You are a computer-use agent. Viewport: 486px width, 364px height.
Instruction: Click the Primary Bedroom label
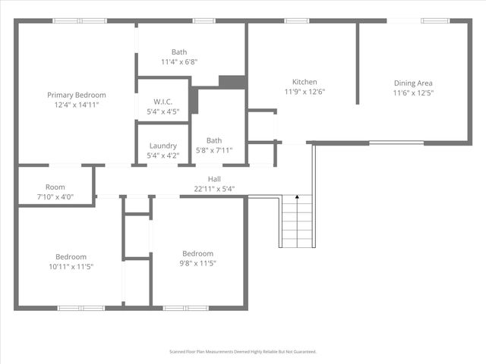76,95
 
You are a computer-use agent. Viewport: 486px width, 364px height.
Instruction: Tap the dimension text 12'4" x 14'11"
76,105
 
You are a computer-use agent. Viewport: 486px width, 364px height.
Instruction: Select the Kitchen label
305,82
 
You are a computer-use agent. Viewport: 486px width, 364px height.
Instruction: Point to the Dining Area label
413,83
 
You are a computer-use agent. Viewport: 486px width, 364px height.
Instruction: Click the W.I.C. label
163,102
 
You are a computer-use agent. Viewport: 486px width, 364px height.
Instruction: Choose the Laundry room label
163,146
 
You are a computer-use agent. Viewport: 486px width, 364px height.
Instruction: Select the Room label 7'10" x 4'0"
55,187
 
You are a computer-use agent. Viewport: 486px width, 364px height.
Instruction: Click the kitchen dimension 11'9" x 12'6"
305,93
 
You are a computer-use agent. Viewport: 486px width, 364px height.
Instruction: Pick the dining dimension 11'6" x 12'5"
413,93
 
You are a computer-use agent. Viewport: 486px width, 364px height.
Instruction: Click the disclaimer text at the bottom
242,352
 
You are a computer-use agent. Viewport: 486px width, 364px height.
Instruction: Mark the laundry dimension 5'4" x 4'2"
163,155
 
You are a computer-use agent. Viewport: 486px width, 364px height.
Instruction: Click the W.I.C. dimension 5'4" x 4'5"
163,112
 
